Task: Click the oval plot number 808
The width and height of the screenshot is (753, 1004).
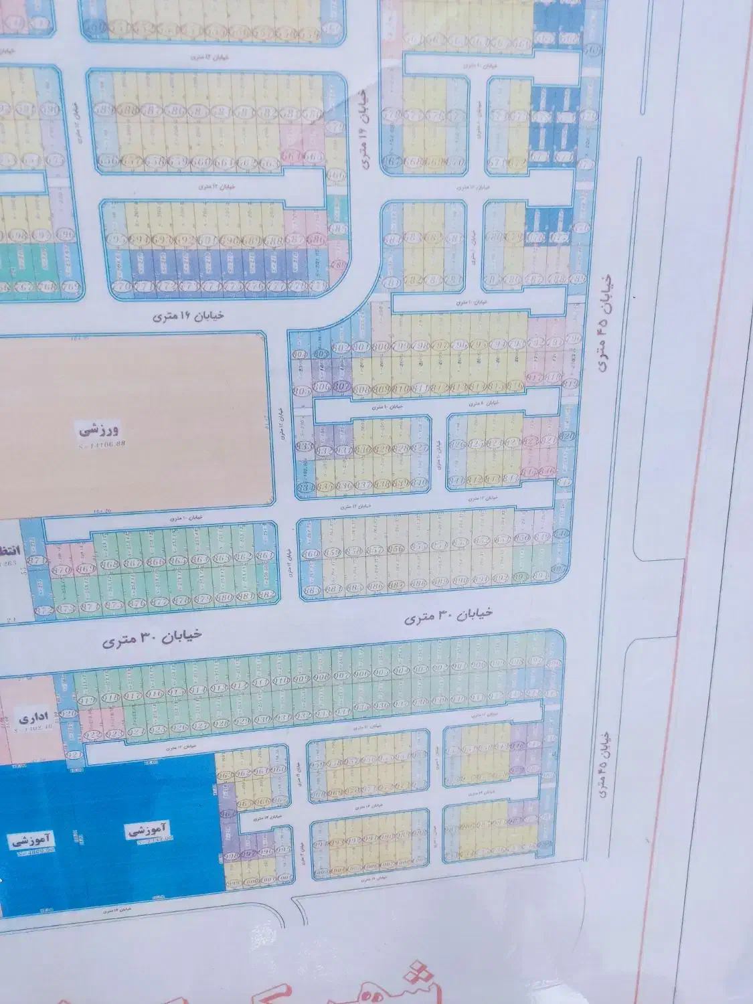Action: [363, 389]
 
